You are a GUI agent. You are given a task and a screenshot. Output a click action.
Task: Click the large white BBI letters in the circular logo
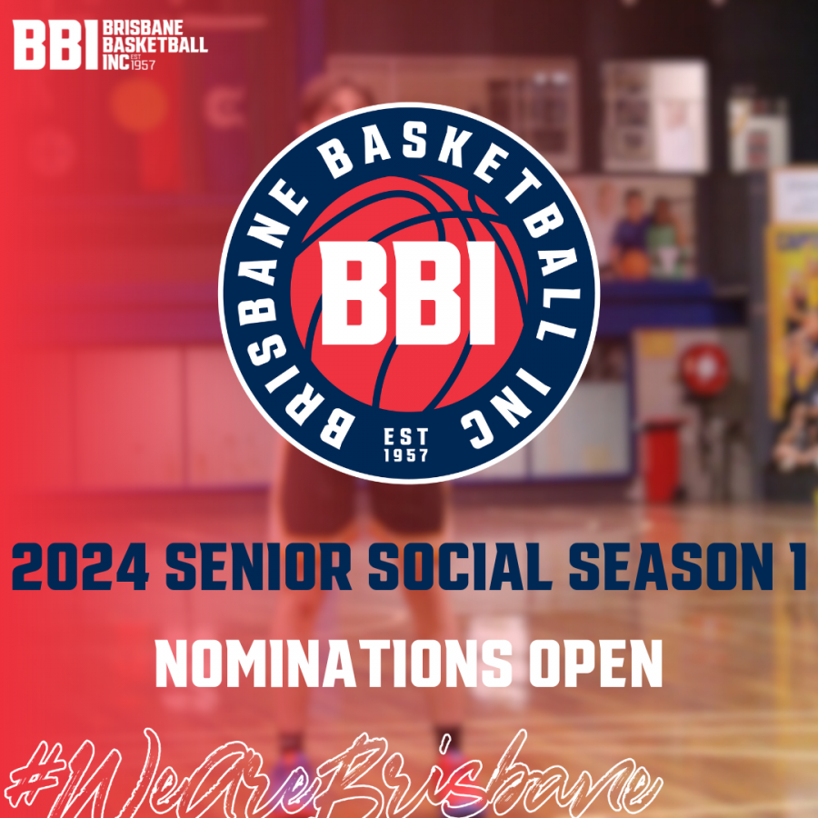[x=407, y=293]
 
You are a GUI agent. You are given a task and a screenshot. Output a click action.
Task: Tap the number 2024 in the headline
[x=80, y=566]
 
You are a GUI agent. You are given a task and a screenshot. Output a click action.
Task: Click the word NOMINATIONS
[x=334, y=664]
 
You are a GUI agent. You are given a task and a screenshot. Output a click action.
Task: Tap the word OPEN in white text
[x=596, y=664]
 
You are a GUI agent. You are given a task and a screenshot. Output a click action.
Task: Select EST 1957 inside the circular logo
[x=406, y=445]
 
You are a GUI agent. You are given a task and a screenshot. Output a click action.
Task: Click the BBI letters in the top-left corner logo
[x=55, y=45]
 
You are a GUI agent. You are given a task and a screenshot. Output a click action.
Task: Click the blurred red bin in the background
[x=662, y=462]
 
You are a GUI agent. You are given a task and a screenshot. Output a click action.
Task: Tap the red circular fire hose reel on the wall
[x=704, y=370]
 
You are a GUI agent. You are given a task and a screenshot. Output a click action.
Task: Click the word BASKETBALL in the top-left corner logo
[x=155, y=45]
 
